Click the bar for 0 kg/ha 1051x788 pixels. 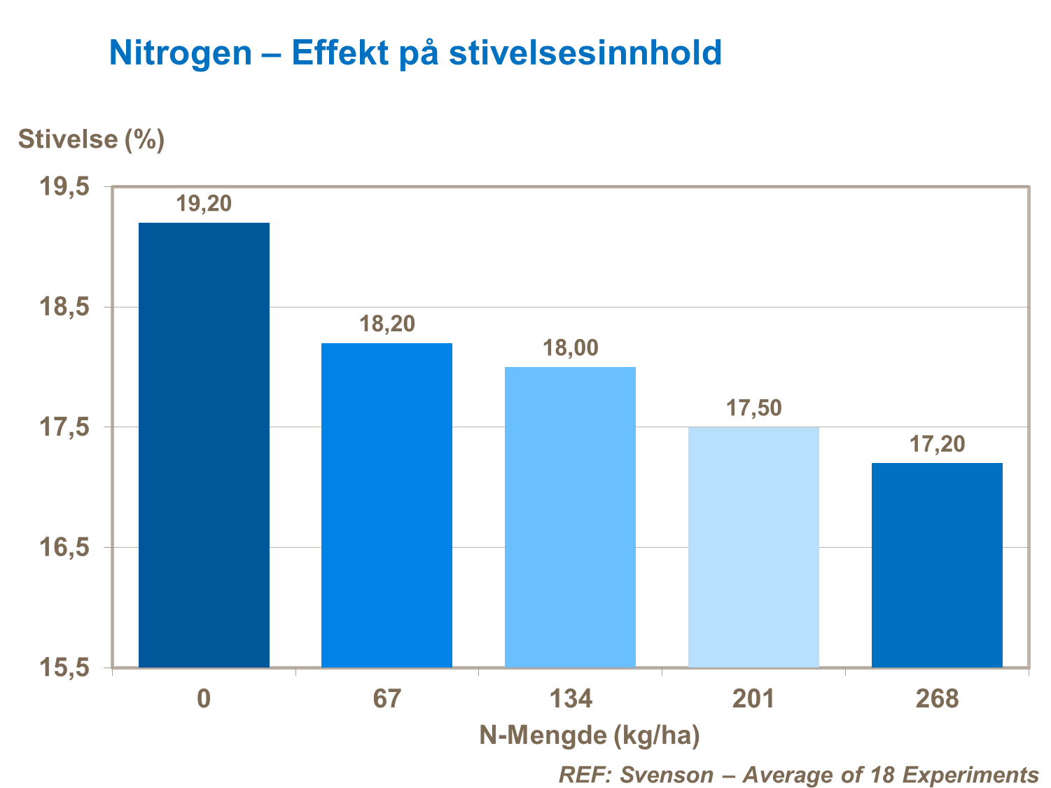coord(204,445)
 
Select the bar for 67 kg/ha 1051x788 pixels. coord(387,505)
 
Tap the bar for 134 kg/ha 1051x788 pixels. coord(570,517)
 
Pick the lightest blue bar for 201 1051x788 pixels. coord(753,547)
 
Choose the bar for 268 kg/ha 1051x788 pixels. coord(937,565)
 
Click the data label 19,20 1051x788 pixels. coord(204,204)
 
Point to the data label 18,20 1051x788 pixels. coord(387,324)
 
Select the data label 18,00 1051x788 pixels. coord(571,348)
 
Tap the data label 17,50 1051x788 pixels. coord(754,408)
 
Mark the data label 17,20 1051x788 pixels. coord(937,444)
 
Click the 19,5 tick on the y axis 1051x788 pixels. coord(64,187)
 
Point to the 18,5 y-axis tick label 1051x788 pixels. coord(64,307)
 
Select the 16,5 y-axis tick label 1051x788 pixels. coord(64,548)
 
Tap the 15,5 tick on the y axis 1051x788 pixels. coord(64,668)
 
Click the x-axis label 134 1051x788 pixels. coord(570,699)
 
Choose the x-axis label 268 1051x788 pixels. coord(937,699)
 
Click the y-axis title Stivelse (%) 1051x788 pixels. coord(91,139)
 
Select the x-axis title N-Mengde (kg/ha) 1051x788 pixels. coord(590,735)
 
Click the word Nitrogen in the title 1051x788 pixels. coord(181,53)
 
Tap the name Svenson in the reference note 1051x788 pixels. coord(667,775)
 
